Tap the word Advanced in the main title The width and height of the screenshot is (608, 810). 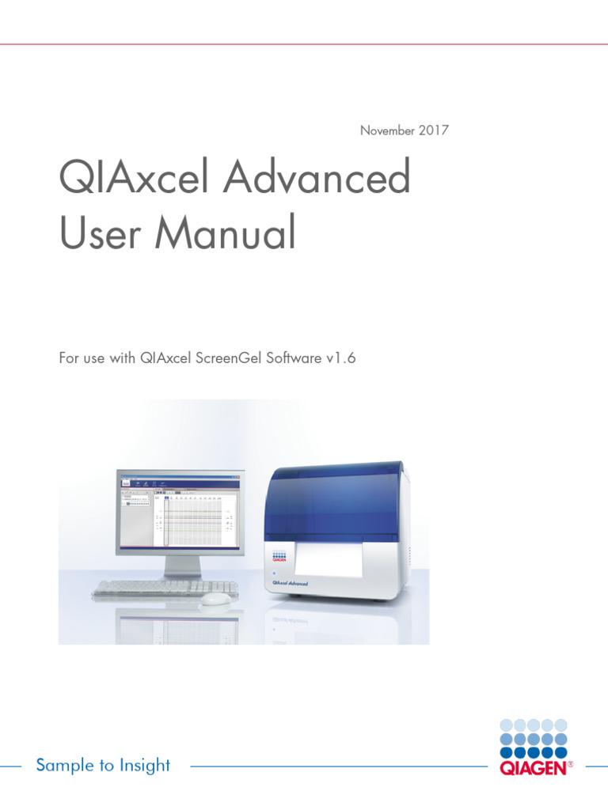tap(317, 179)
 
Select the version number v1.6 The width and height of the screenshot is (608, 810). tap(340, 358)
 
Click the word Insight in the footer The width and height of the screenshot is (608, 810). tap(145, 765)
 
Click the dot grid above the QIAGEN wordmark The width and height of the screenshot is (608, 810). tap(534, 737)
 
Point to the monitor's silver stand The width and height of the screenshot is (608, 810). tap(180, 567)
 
